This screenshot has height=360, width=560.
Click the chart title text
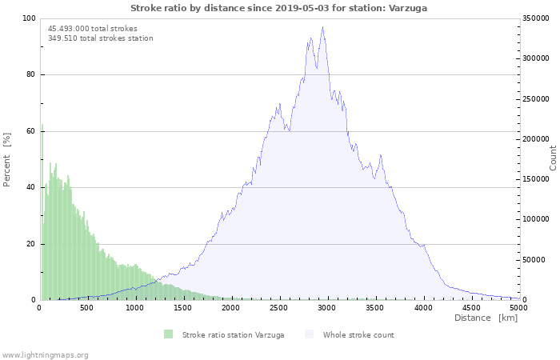[x=278, y=7]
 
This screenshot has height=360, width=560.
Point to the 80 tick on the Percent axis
[x=30, y=74]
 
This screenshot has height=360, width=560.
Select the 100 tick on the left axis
[x=29, y=18]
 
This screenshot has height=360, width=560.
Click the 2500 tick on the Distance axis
[x=279, y=307]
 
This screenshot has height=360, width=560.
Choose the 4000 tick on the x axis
[x=423, y=307]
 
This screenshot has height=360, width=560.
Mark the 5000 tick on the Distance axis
[x=518, y=307]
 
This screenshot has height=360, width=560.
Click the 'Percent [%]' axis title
[x=7, y=159]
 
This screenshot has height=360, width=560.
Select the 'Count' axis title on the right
[x=553, y=157]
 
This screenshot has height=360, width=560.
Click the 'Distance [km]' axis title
[x=486, y=318]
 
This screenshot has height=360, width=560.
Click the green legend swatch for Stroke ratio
[x=168, y=334]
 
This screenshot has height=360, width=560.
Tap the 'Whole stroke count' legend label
[x=358, y=334]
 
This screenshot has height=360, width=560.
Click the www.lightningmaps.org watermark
[x=45, y=354]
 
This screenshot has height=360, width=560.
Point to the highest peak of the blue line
[x=322, y=27]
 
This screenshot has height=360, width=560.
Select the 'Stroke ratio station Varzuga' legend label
[x=233, y=334]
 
